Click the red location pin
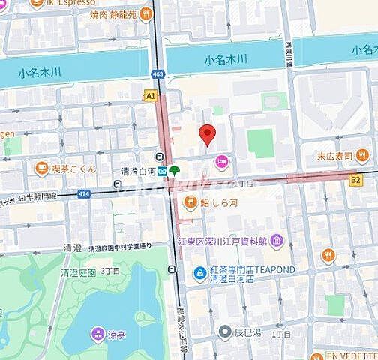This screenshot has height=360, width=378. (208, 136)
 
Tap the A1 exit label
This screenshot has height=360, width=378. (151, 96)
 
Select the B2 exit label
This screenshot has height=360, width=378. (356, 180)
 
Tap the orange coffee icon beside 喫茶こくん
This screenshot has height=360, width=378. (41, 168)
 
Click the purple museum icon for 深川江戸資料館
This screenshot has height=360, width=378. (277, 240)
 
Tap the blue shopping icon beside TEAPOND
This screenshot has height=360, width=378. (200, 271)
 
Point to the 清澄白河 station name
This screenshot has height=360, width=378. (136, 171)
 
